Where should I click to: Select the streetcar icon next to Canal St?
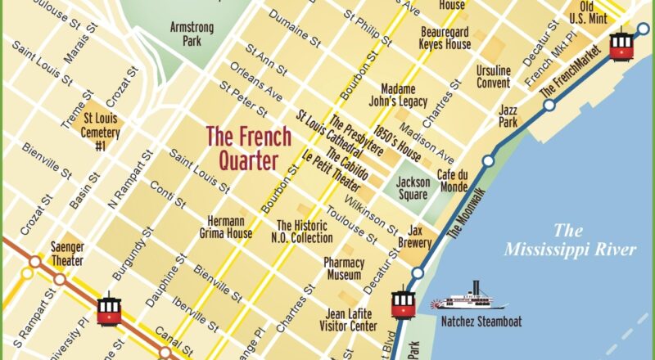(109, 308)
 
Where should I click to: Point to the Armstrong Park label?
(191, 34)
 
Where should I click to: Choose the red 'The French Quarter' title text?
(242, 147)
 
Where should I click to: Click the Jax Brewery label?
(415, 237)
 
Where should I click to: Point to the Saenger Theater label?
(67, 254)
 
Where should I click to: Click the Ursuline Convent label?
(494, 76)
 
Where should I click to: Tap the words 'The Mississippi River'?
(570, 240)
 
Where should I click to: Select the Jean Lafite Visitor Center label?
(351, 319)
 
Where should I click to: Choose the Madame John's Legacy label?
(404, 95)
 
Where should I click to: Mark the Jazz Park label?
(508, 115)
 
